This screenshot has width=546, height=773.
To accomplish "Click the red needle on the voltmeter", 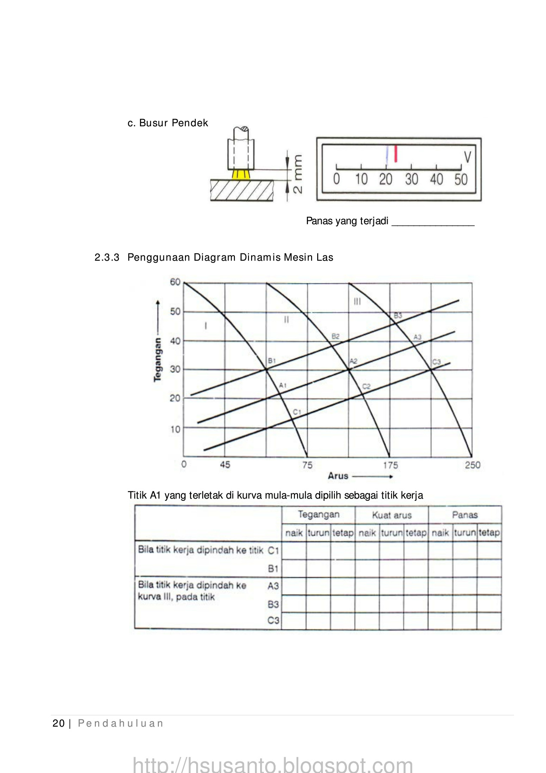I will click(x=396, y=154).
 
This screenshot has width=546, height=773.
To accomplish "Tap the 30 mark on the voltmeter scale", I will click(x=411, y=179).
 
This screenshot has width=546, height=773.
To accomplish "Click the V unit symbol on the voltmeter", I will click(x=467, y=157).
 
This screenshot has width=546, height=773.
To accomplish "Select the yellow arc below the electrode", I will click(x=240, y=174).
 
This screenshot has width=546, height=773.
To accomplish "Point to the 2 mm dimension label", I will click(x=297, y=174).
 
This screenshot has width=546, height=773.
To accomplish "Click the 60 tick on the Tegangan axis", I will click(x=175, y=282).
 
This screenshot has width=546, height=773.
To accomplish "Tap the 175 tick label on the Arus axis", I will click(x=390, y=465).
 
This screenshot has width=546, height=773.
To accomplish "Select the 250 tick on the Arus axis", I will click(x=472, y=465).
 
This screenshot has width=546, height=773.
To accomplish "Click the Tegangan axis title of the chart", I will click(x=158, y=360).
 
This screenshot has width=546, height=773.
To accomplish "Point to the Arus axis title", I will click(x=338, y=476).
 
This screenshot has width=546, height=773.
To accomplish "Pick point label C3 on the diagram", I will click(x=436, y=362).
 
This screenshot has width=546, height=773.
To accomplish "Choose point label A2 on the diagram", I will click(x=353, y=361).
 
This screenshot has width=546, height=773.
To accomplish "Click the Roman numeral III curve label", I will click(x=357, y=302).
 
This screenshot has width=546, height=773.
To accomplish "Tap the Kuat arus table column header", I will click(x=391, y=515).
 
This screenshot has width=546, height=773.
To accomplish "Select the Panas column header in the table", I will click(x=464, y=514).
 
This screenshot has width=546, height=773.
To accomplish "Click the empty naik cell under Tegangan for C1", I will click(x=294, y=550).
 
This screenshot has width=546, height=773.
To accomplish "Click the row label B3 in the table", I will click(x=273, y=604).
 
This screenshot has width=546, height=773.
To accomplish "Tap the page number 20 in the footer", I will click(x=58, y=724).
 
